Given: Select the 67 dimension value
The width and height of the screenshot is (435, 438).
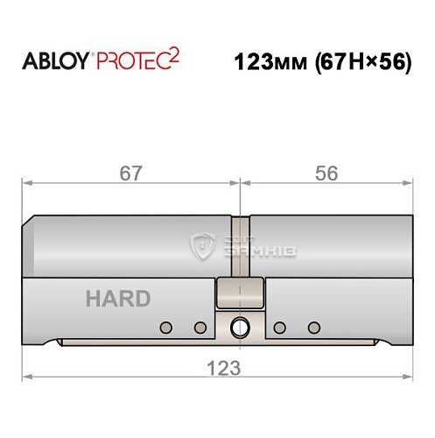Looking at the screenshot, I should [x=131, y=173].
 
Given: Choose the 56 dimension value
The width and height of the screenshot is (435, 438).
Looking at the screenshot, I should [x=326, y=173].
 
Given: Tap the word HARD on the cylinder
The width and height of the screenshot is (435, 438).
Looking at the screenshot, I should [x=117, y=298].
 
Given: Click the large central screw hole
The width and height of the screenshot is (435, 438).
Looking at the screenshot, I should [x=239, y=328].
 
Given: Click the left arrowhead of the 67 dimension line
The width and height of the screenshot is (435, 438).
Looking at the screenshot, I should [x=26, y=184].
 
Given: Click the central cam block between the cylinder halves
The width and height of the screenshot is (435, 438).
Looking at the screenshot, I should [x=239, y=293].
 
